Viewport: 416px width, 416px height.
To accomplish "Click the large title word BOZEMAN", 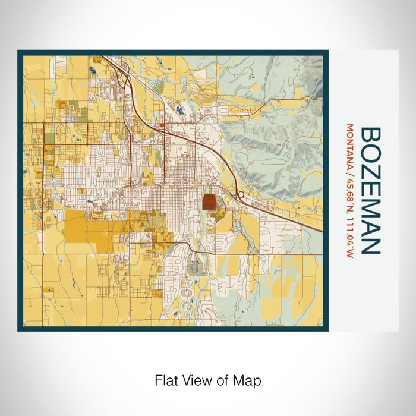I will [370, 190].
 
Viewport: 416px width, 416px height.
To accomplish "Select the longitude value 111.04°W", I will [349, 237].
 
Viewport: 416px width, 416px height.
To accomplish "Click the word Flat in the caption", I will [166, 380].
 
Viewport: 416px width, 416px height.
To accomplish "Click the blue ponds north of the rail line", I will [179, 109].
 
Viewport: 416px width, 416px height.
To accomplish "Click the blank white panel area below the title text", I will [368, 297].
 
